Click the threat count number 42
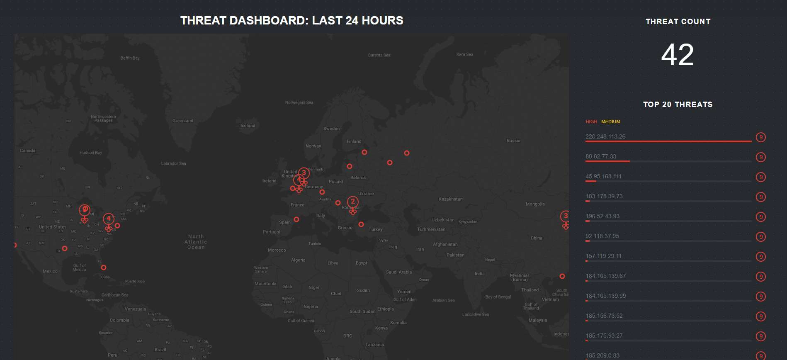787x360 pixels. coord(677,55)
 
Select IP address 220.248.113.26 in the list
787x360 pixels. coord(605,136)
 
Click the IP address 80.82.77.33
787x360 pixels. coord(601,156)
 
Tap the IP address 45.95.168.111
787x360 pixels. coord(603,176)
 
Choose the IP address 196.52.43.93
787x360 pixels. coord(602,216)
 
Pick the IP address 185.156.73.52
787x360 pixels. coord(604,316)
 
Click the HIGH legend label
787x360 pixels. coord(591,122)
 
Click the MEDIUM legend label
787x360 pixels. coord(610,122)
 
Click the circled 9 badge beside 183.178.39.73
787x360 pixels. coord(760,197)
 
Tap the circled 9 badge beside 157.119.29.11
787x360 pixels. coord(760,257)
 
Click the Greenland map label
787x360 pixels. coord(183,121)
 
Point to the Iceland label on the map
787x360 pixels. coord(248,126)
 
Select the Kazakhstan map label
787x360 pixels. coord(450,199)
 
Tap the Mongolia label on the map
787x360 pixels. coord(535,204)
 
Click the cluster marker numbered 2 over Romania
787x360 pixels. coord(352,202)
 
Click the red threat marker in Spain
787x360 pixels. coord(296,219)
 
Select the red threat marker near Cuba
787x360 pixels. coord(104,268)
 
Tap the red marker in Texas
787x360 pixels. coord(65,248)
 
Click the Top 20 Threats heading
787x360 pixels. coord(678,105)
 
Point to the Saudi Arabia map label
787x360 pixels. coord(398,272)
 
